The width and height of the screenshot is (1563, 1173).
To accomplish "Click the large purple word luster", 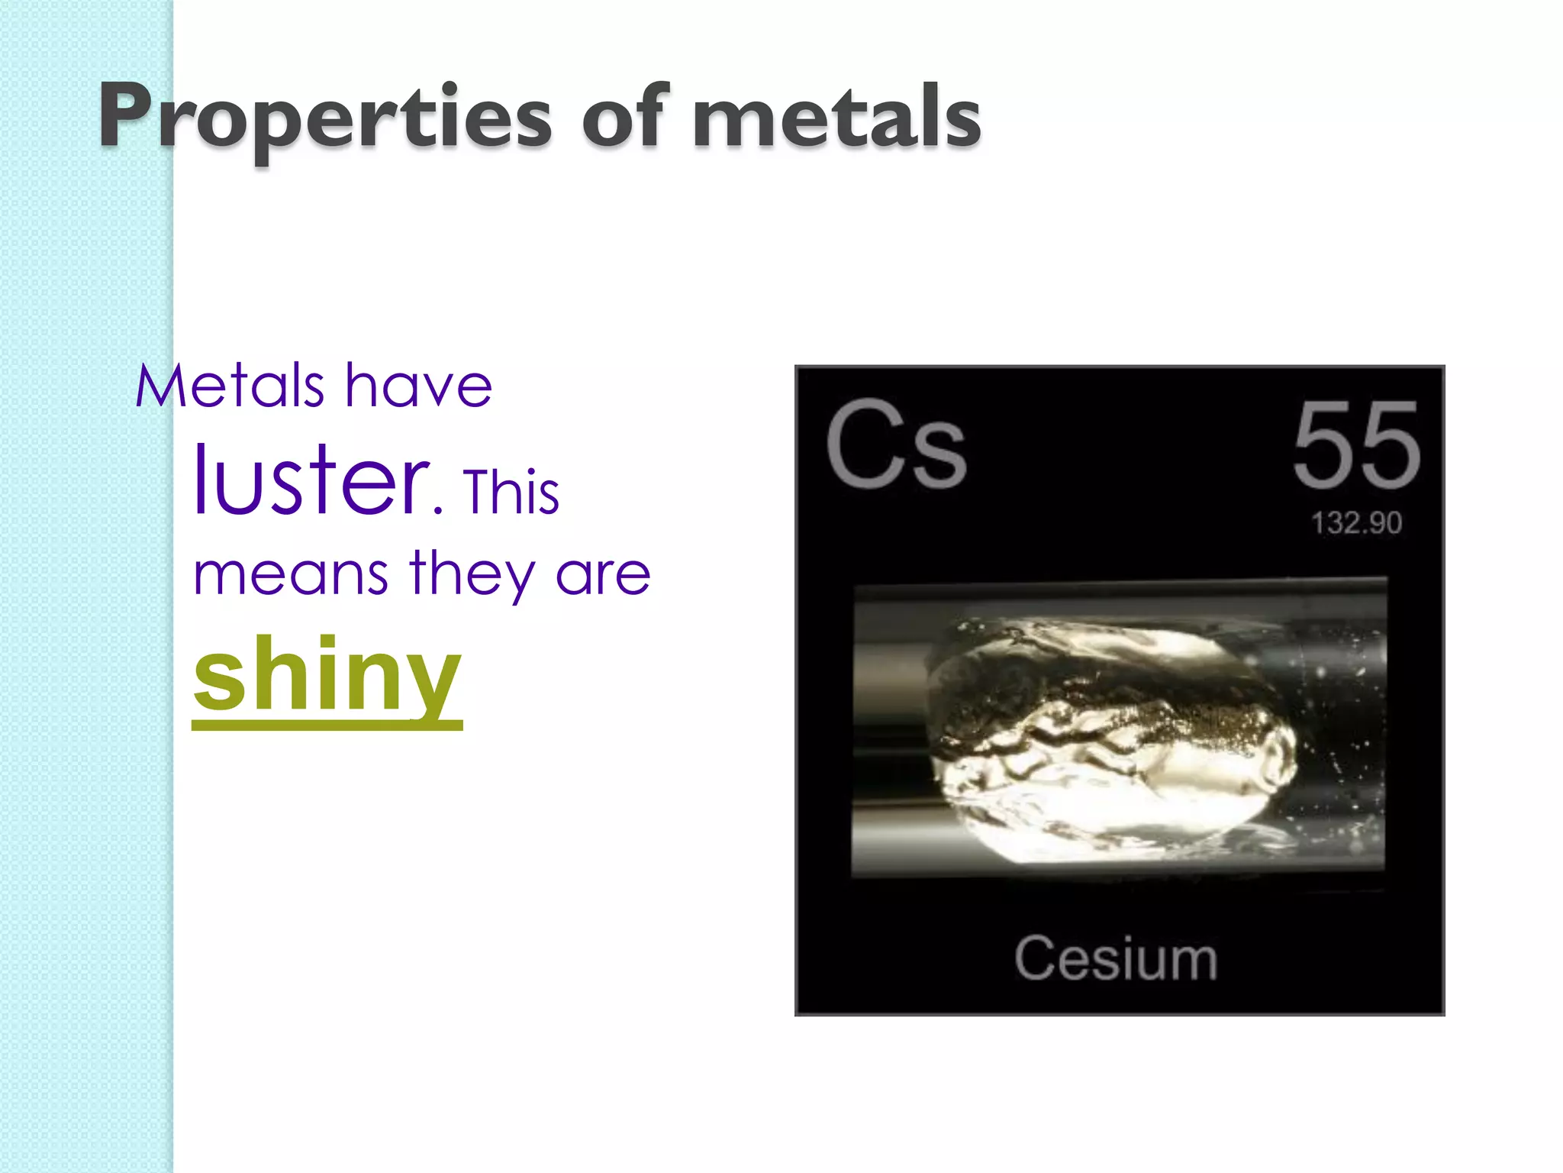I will coord(310,481).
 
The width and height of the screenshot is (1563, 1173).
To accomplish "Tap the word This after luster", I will coord(511,492).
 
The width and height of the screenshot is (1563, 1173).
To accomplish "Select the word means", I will coord(291,574).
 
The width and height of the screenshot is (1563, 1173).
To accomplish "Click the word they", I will coord(472,574).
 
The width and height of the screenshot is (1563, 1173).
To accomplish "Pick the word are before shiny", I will coord(603,574).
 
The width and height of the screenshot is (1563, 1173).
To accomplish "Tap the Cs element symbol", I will coord(896,444).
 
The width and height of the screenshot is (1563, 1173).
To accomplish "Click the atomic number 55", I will coord(1356,444).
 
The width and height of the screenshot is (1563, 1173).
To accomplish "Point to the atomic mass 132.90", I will coord(1356,523).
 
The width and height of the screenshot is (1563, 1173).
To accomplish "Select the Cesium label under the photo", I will coord(1115,958).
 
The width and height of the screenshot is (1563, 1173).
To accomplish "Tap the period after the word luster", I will coord(438,508).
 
